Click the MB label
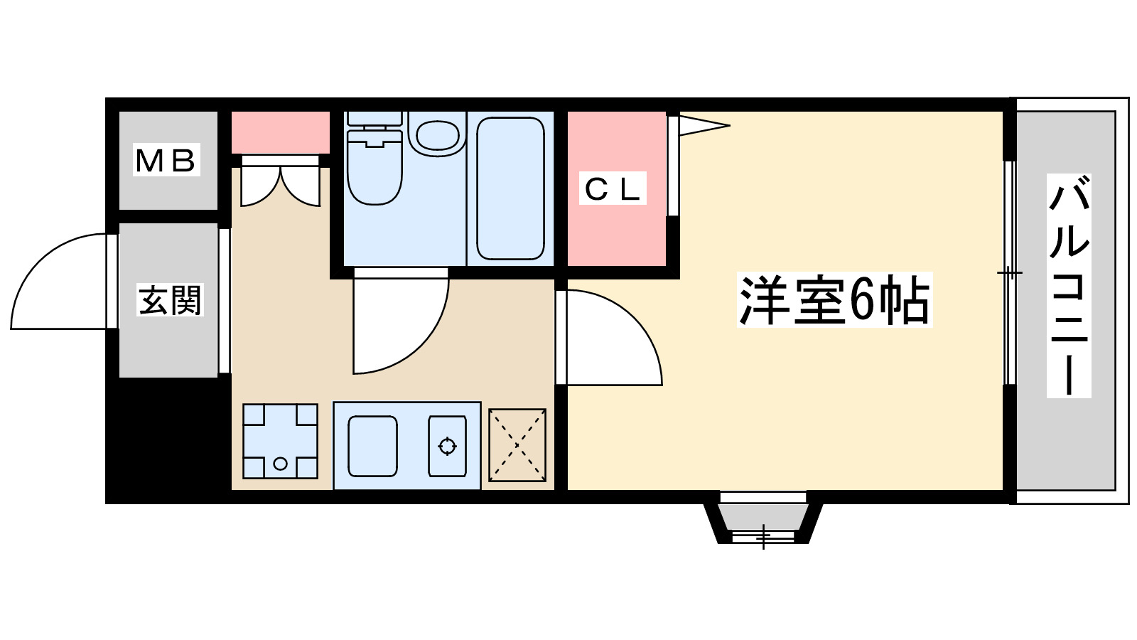tap(166, 160)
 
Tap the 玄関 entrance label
tap(170, 300)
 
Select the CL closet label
tap(613, 188)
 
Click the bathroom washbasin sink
tap(437, 135)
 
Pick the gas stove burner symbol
tap(447, 446)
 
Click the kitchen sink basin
tap(372, 446)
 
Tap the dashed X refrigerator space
tap(517, 445)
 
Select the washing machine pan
tap(280, 441)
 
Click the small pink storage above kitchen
tap(280, 132)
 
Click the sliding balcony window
tap(1009, 273)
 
